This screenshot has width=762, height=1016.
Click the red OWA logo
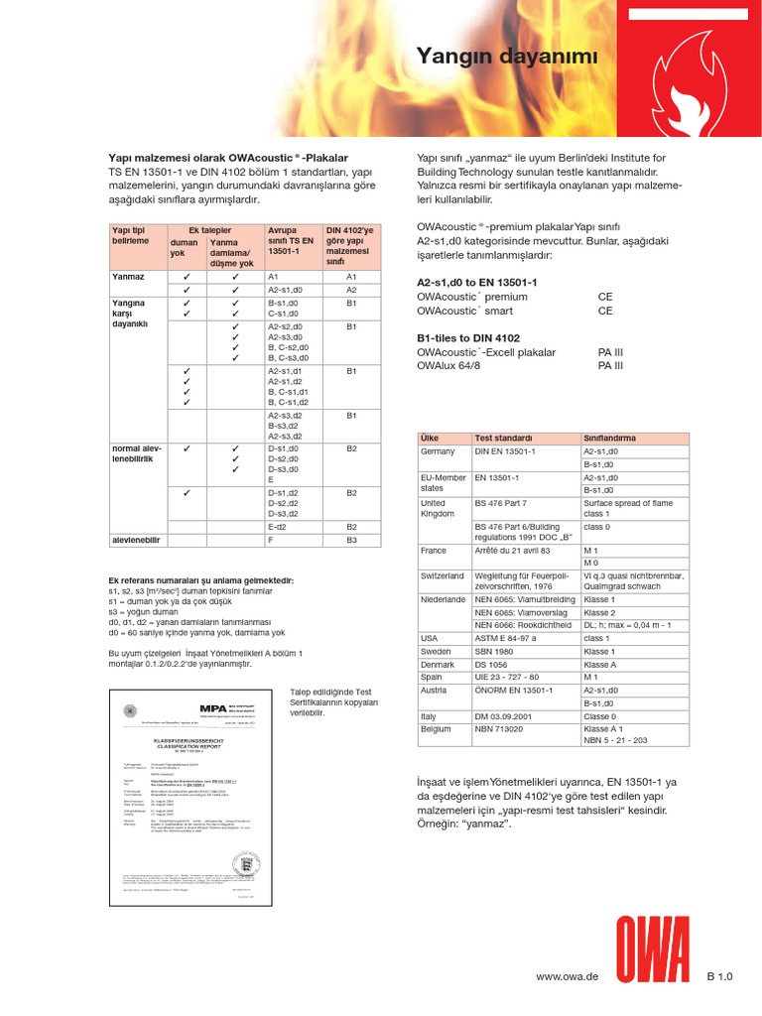click(x=654, y=950)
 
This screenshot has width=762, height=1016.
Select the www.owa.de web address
click(x=567, y=977)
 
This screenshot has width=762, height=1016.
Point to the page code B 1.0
click(x=719, y=977)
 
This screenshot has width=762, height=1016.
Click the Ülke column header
click(x=430, y=438)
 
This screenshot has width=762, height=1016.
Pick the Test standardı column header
click(x=503, y=438)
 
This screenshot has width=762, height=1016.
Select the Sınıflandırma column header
click(x=609, y=438)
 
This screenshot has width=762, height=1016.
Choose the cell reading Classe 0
click(x=599, y=715)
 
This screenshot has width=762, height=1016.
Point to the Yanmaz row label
click(x=128, y=276)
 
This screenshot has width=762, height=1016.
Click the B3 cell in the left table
click(x=351, y=540)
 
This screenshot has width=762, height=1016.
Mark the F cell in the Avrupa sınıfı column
click(x=271, y=540)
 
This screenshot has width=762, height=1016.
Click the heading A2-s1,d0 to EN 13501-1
click(x=477, y=283)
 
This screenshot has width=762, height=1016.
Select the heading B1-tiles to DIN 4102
click(x=468, y=338)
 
